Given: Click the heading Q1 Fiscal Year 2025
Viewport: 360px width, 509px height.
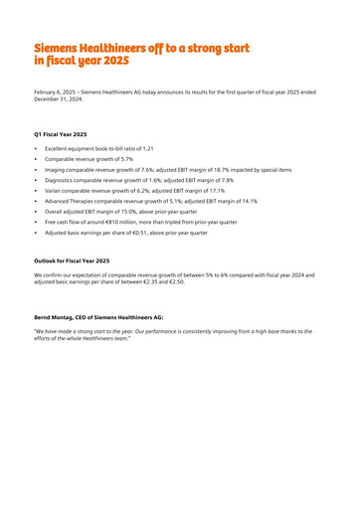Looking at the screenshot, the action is pyautogui.click(x=61, y=133).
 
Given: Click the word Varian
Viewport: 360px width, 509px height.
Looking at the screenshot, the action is pyautogui.click(x=54, y=191).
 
